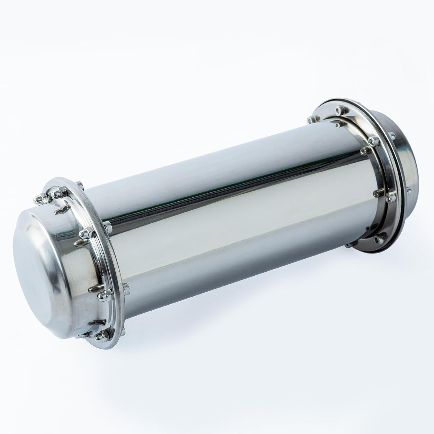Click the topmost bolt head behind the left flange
pyautogui.click(x=79, y=185)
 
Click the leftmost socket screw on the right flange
pyautogui.click(x=312, y=119)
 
